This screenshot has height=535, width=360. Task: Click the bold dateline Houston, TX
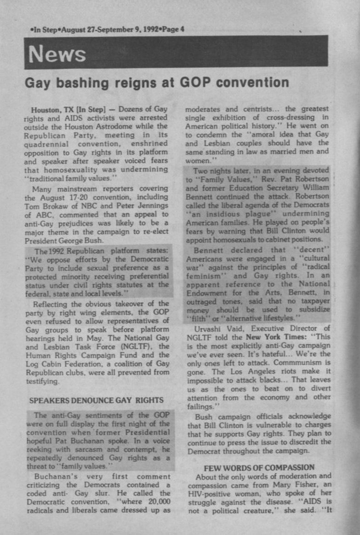(x=51, y=109)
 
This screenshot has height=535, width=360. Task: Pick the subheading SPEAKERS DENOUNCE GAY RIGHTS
(x=97, y=400)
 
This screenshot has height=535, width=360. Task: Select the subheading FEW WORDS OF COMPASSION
(x=259, y=467)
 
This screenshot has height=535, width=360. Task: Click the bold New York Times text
(x=269, y=336)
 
